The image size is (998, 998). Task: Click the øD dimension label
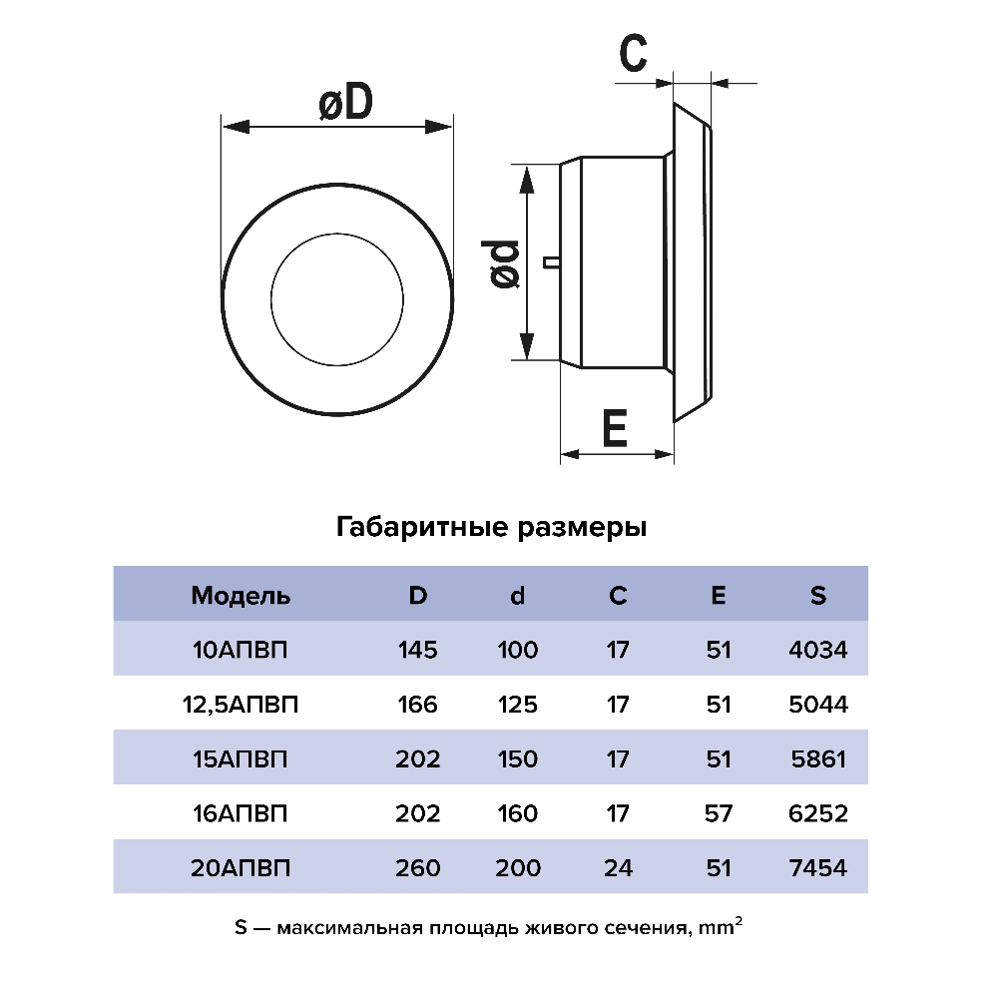coord(345,102)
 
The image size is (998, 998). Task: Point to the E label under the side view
coord(615,428)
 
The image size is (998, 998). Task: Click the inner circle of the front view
coord(336,299)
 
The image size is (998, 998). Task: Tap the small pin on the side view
coord(551,262)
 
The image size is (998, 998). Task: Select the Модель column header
coord(241,596)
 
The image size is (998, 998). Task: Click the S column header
coord(818,595)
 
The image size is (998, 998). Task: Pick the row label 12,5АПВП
coord(241,705)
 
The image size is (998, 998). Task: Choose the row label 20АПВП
coord(241,867)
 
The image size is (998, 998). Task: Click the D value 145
coord(417,650)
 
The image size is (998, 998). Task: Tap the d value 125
coord(517,705)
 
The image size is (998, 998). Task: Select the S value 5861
coord(818,758)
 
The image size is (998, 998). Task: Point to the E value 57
coord(718,813)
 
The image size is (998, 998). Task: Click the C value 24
coord(618,867)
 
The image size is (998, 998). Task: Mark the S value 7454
coord(818,867)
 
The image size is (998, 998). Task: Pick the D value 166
coord(417,705)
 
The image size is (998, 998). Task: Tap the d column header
coord(517,595)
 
